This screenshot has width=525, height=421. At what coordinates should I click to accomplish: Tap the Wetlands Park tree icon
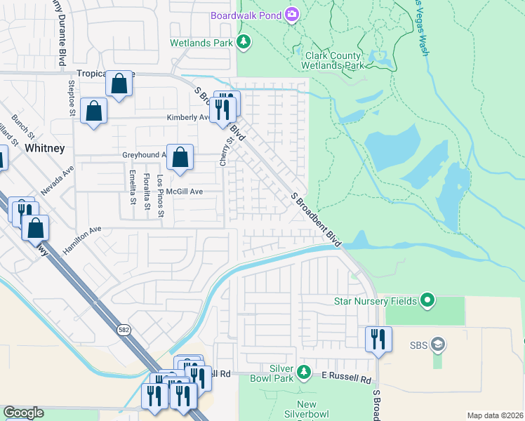click(244, 43)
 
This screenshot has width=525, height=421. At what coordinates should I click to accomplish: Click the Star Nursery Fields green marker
click(427, 301)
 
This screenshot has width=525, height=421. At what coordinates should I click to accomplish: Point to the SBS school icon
click(438, 345)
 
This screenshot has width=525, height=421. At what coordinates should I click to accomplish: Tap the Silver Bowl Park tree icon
click(303, 370)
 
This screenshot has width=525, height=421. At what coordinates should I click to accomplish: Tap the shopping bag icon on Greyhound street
click(180, 157)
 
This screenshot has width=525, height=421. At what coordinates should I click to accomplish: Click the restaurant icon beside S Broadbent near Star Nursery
click(378, 339)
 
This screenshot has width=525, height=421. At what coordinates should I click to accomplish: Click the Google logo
click(23, 413)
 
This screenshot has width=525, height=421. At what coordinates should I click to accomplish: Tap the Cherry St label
click(226, 151)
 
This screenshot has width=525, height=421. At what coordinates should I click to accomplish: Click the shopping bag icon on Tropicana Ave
click(119, 84)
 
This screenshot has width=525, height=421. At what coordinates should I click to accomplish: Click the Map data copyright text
click(494, 415)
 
